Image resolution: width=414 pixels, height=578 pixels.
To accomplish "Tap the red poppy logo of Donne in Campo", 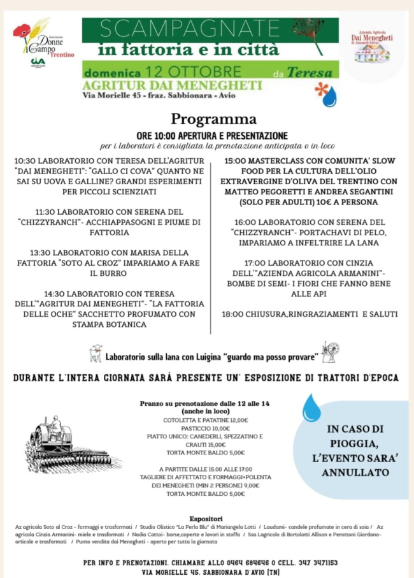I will click(22, 31).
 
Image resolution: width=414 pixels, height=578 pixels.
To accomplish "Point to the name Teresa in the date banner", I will click(310, 73).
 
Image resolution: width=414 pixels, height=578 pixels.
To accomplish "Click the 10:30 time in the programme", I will click(26, 161).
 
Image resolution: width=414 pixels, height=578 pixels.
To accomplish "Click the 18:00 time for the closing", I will click(234, 314).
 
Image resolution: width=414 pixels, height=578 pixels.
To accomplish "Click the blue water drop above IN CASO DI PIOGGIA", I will click(311, 408).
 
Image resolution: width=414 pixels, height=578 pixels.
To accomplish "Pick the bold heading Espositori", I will click(206, 518).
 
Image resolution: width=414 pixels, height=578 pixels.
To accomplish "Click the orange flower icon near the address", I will click(322, 88).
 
